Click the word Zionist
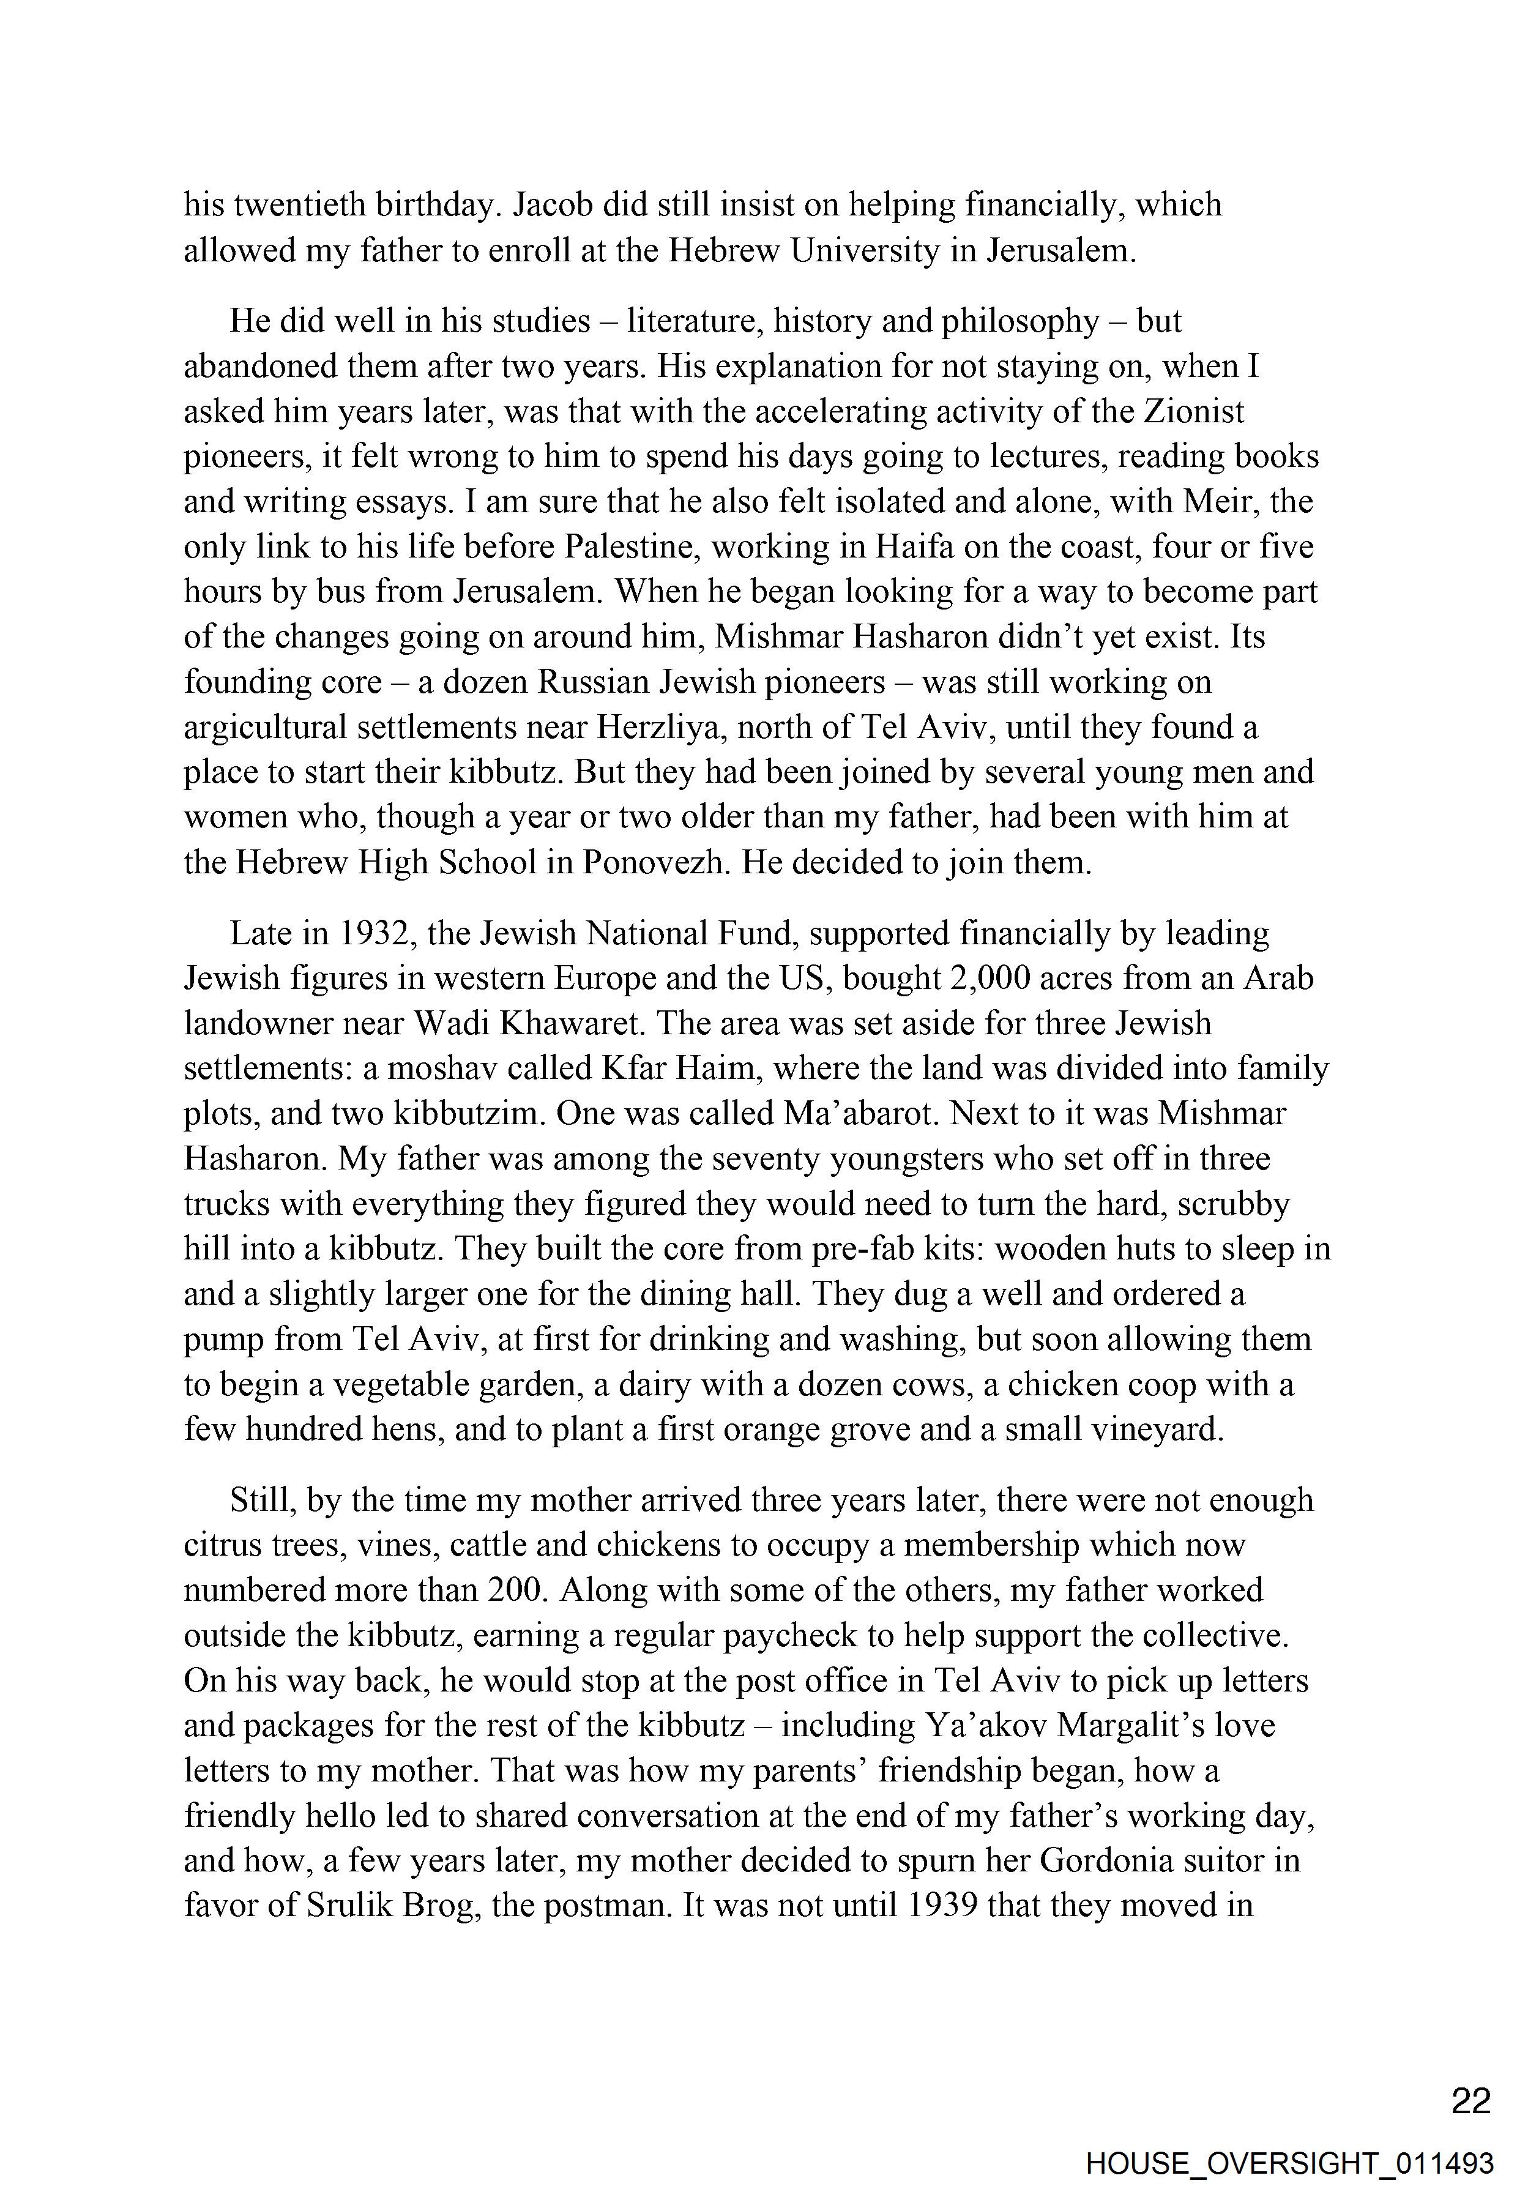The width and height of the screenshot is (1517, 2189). point(1194,412)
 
